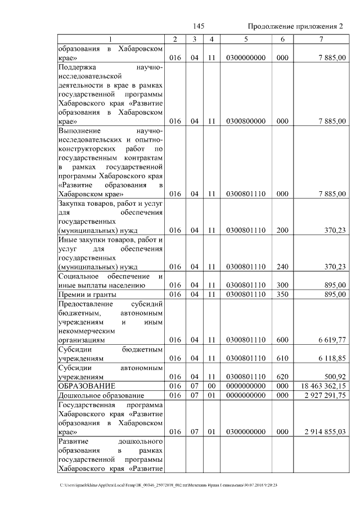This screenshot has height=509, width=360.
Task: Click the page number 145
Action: tap(197, 26)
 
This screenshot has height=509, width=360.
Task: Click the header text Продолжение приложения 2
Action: tap(295, 26)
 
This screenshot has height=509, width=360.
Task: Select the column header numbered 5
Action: tap(246, 39)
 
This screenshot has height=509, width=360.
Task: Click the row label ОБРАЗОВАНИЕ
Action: tap(87, 386)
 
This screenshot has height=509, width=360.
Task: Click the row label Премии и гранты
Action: tap(87, 294)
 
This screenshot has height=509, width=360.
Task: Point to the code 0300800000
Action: tap(245, 120)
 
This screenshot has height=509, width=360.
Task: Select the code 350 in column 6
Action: tap(282, 294)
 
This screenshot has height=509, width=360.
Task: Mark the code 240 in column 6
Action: tap(282, 267)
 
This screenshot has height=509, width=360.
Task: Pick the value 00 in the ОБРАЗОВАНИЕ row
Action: tap(211, 386)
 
